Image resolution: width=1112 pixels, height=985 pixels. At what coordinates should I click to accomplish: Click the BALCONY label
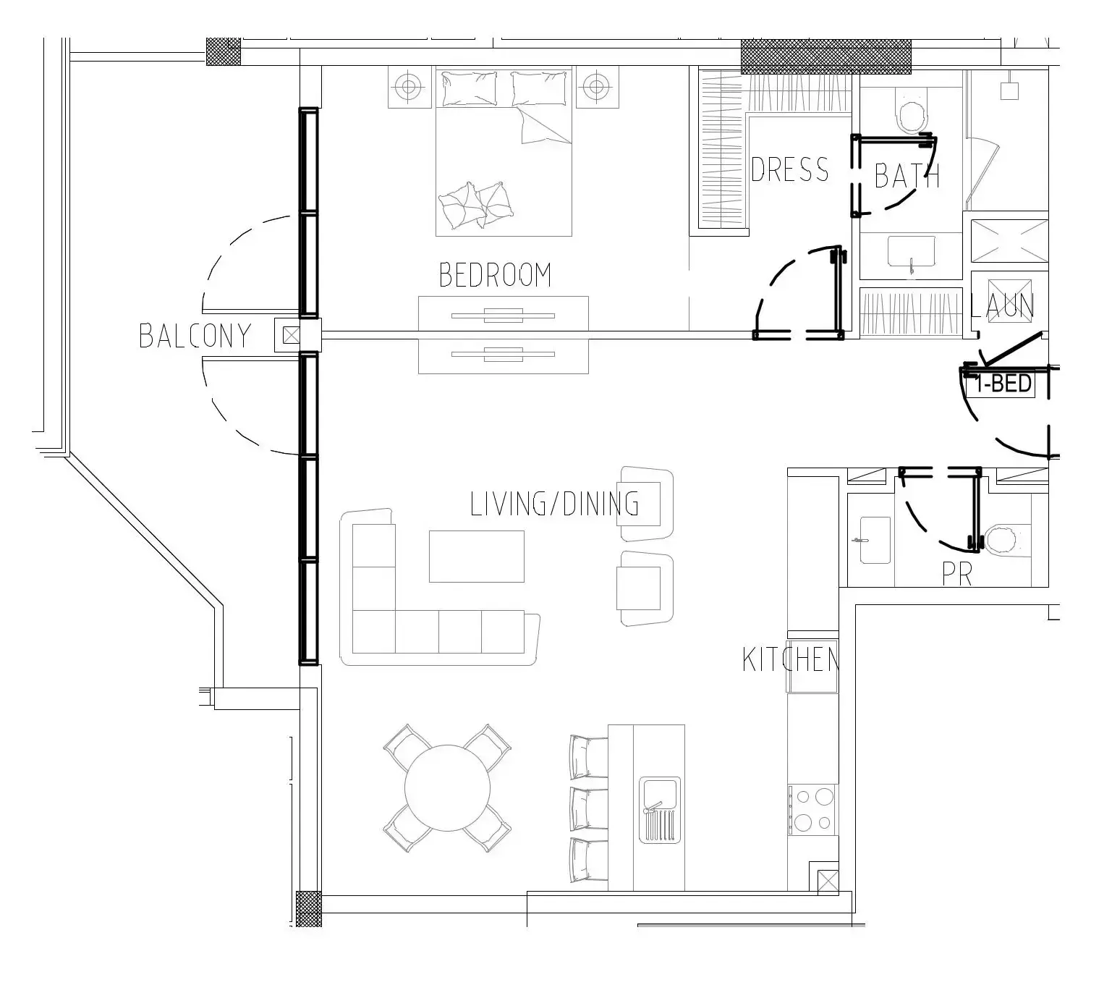[x=195, y=336]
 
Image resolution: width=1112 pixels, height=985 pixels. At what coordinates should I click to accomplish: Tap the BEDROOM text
[x=495, y=275]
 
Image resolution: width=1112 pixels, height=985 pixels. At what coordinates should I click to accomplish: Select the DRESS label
[x=789, y=169]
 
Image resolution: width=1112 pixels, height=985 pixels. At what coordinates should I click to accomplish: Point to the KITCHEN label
[x=790, y=659]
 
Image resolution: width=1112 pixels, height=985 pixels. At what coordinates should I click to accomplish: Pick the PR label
[x=957, y=575]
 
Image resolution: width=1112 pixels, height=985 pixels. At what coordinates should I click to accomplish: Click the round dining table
[x=447, y=788]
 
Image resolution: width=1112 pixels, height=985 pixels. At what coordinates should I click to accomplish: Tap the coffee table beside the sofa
[x=476, y=557]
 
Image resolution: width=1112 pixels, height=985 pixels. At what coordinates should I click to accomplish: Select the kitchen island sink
[x=660, y=810]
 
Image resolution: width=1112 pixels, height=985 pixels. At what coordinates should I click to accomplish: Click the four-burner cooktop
[x=813, y=810]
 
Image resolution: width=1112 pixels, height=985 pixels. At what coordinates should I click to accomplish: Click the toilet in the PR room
[x=1008, y=541]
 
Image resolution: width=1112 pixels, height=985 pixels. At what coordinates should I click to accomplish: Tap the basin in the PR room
[x=875, y=541]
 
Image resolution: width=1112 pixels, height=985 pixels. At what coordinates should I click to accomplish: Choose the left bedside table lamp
[x=409, y=87]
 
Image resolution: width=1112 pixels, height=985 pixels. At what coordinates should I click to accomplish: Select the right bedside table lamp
[x=597, y=86]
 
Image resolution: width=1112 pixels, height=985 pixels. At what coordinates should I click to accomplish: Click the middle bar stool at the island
[x=588, y=808]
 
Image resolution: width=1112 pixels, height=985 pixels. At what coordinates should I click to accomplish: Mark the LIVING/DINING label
[x=554, y=504]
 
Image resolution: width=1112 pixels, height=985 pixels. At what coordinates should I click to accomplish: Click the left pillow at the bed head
[x=470, y=88]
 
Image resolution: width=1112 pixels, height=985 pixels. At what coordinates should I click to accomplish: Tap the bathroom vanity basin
[x=911, y=252]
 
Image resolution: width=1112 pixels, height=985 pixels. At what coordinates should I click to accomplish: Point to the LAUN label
[x=1002, y=306]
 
